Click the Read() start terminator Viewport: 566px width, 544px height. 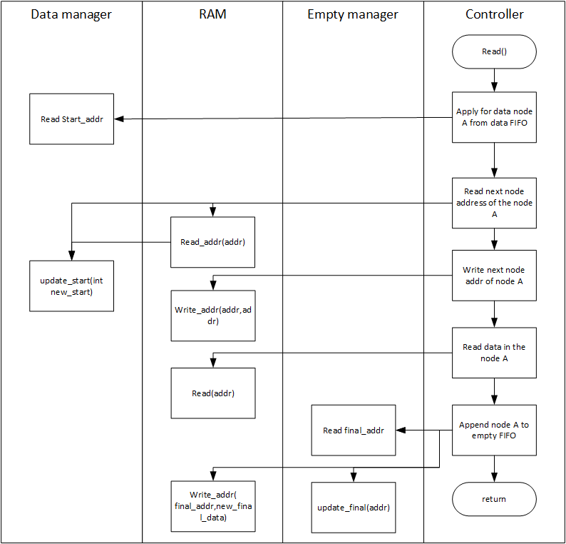pos(494,51)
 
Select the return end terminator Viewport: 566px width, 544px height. pos(494,499)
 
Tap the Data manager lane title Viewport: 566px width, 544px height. pos(71,14)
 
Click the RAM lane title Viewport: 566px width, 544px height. pos(212,14)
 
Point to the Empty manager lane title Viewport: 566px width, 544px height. pos(353,14)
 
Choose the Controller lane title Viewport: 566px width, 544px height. pos(494,14)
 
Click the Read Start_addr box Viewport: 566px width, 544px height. pos(71,119)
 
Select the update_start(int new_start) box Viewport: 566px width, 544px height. pos(71,286)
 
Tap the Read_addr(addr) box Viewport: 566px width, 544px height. pos(212,242)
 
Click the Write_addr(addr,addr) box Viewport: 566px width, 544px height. pos(213,316)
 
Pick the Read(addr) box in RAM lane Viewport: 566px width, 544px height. pos(213,393)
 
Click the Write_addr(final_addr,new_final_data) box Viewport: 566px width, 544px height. pos(213,506)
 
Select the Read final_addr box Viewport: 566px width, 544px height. pos(354,430)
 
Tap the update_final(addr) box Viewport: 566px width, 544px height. pos(354,508)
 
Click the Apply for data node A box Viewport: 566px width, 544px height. pos(494,117)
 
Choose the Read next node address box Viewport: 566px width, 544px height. pos(494,203)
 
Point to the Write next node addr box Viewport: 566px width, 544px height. pos(494,276)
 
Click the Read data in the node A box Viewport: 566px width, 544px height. pos(494,353)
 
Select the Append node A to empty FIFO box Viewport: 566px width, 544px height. pos(494,430)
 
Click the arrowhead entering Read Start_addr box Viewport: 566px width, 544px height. pos(119,119)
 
